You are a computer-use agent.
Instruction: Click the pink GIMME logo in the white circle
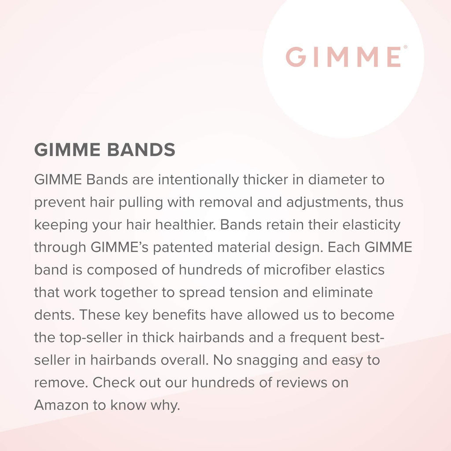pyautogui.click(x=344, y=57)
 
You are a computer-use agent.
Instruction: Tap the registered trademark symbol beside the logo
pyautogui.click(x=405, y=47)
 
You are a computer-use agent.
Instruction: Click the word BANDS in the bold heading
pyautogui.click(x=141, y=150)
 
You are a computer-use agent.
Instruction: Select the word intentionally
pyautogui.click(x=198, y=180)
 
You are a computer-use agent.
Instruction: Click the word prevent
pyautogui.click(x=59, y=203)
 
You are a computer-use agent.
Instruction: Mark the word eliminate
pyautogui.click(x=342, y=292)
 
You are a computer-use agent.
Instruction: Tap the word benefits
pyautogui.click(x=179, y=315)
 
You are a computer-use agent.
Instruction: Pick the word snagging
pyautogui.click(x=267, y=360)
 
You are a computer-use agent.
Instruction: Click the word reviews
pyautogui.click(x=298, y=383)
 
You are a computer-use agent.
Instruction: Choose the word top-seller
pyautogui.click(x=91, y=338)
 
